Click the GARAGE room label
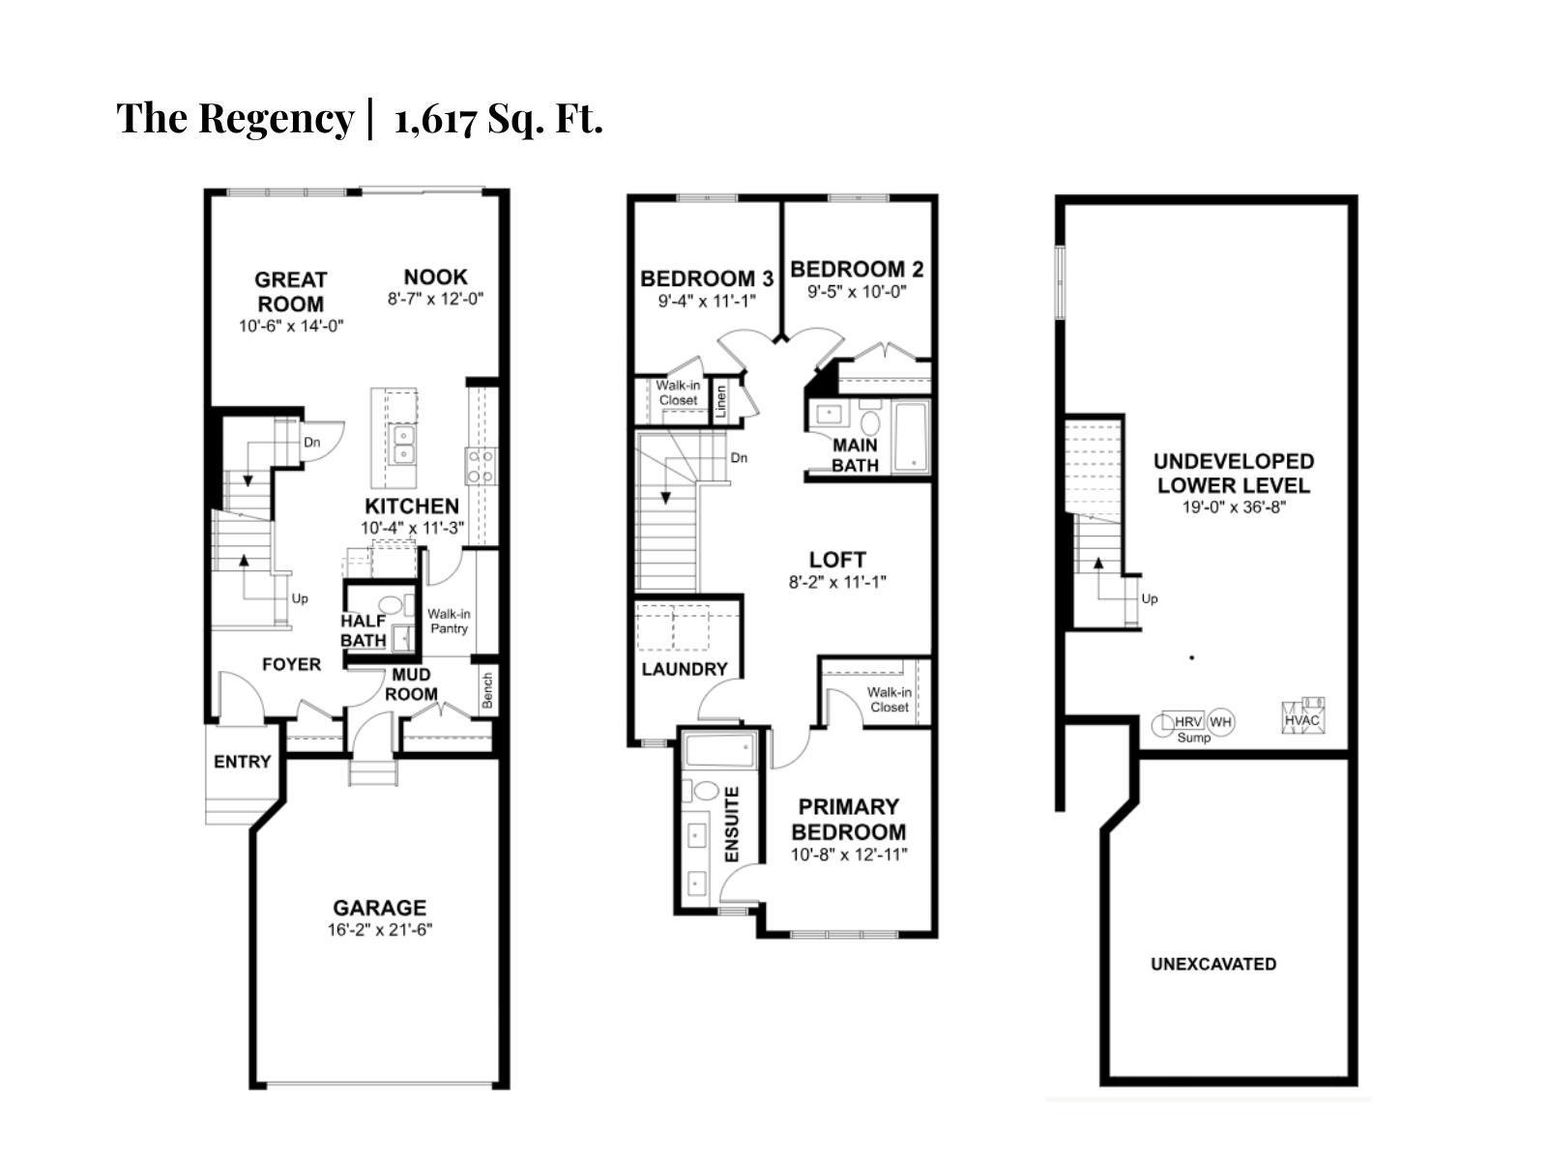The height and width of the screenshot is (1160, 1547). point(379,908)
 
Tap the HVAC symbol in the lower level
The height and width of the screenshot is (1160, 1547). point(1302,719)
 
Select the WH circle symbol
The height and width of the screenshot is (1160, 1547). point(1221,722)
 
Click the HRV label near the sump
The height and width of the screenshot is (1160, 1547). point(1187,722)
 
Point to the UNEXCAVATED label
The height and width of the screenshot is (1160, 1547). point(1212,964)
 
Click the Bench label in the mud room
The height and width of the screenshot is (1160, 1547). point(487,690)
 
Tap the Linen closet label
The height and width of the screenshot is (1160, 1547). point(721,402)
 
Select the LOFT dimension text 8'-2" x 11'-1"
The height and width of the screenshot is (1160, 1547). point(837,582)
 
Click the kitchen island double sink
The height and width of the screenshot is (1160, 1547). point(402,446)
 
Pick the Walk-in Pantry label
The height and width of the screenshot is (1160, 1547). point(449,621)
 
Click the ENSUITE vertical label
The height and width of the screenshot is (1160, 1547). point(732,825)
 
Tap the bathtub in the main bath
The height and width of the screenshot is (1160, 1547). point(911,437)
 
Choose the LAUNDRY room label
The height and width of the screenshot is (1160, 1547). point(684,669)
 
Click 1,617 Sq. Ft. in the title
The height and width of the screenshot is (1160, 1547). point(498,119)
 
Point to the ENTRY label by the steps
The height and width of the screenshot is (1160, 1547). point(242,762)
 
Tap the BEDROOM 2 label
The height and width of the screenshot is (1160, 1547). point(856,269)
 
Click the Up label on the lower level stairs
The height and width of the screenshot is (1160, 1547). point(1149,598)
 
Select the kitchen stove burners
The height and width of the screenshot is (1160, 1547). point(481,466)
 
